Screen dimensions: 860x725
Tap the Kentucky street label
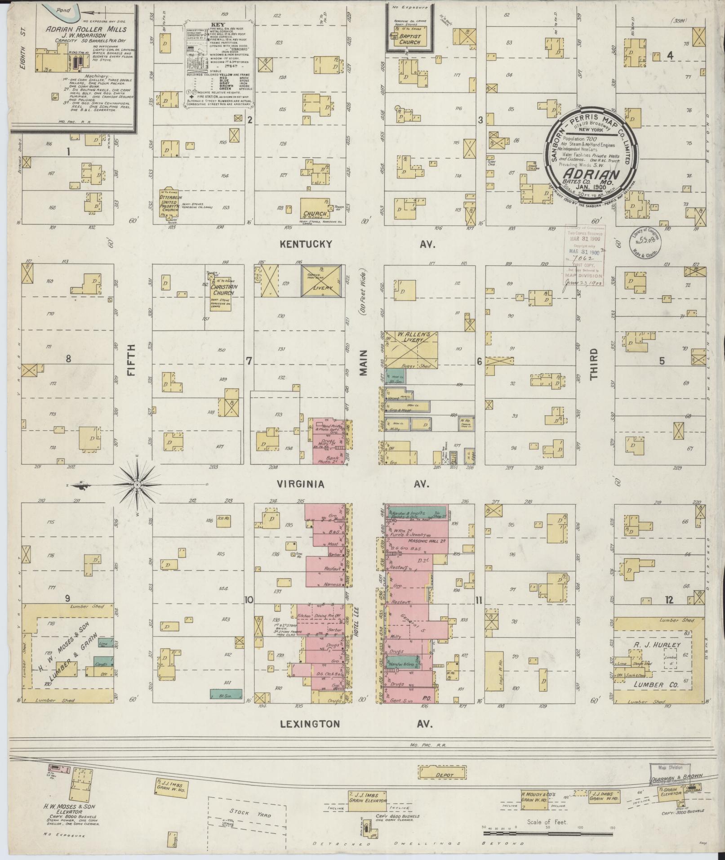pos(306,244)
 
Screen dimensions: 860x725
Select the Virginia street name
pos(301,484)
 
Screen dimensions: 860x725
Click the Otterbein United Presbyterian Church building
pos(169,205)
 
